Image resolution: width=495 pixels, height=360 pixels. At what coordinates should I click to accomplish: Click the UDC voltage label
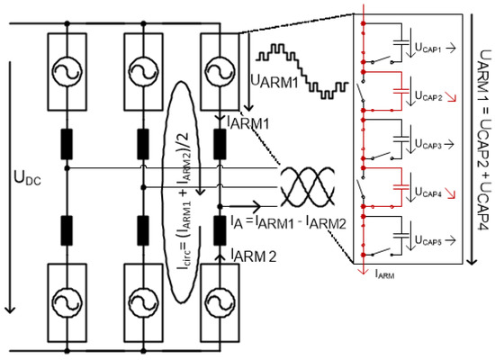click(28, 179)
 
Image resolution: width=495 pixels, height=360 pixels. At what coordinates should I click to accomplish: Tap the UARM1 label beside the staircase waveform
click(274, 82)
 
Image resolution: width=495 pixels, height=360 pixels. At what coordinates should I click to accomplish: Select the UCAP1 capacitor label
click(427, 49)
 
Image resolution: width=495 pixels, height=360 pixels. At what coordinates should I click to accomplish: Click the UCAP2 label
click(428, 96)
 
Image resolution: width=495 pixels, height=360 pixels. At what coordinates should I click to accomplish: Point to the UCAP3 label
click(427, 145)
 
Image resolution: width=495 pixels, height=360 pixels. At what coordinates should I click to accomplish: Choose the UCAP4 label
click(427, 193)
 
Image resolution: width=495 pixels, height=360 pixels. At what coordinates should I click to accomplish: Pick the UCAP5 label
click(427, 241)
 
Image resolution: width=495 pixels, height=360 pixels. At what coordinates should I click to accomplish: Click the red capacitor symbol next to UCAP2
click(400, 91)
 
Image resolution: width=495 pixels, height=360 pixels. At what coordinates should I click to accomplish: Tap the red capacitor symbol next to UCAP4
click(400, 187)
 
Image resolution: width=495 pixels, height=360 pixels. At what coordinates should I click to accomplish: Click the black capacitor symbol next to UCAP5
click(400, 235)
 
